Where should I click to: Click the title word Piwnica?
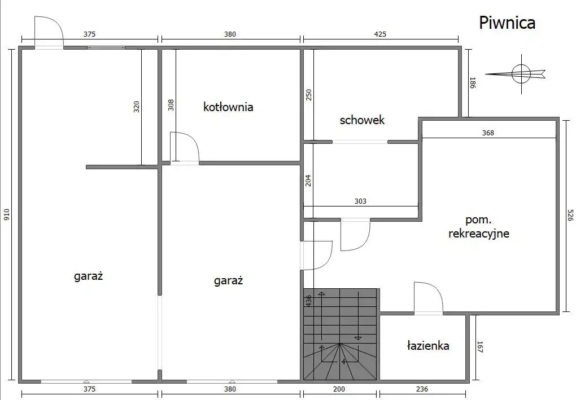pos(507,23)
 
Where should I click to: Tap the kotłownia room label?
pos(228,107)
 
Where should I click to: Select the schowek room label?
pos(362,120)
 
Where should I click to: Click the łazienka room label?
pos(428,345)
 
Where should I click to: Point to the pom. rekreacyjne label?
pos(479,227)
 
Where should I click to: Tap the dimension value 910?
pos(7,214)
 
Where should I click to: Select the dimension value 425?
pos(380,34)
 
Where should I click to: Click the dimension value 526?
pos(570,215)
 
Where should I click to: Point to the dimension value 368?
pos(488,133)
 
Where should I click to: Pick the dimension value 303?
pos(360,201)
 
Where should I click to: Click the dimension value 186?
pos(473,82)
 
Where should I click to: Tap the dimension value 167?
pos(480,347)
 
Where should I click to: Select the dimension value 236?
pos(422,389)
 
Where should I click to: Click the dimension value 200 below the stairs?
pos(339,389)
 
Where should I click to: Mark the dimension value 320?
pos(136,107)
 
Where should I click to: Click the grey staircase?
pos(340,335)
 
